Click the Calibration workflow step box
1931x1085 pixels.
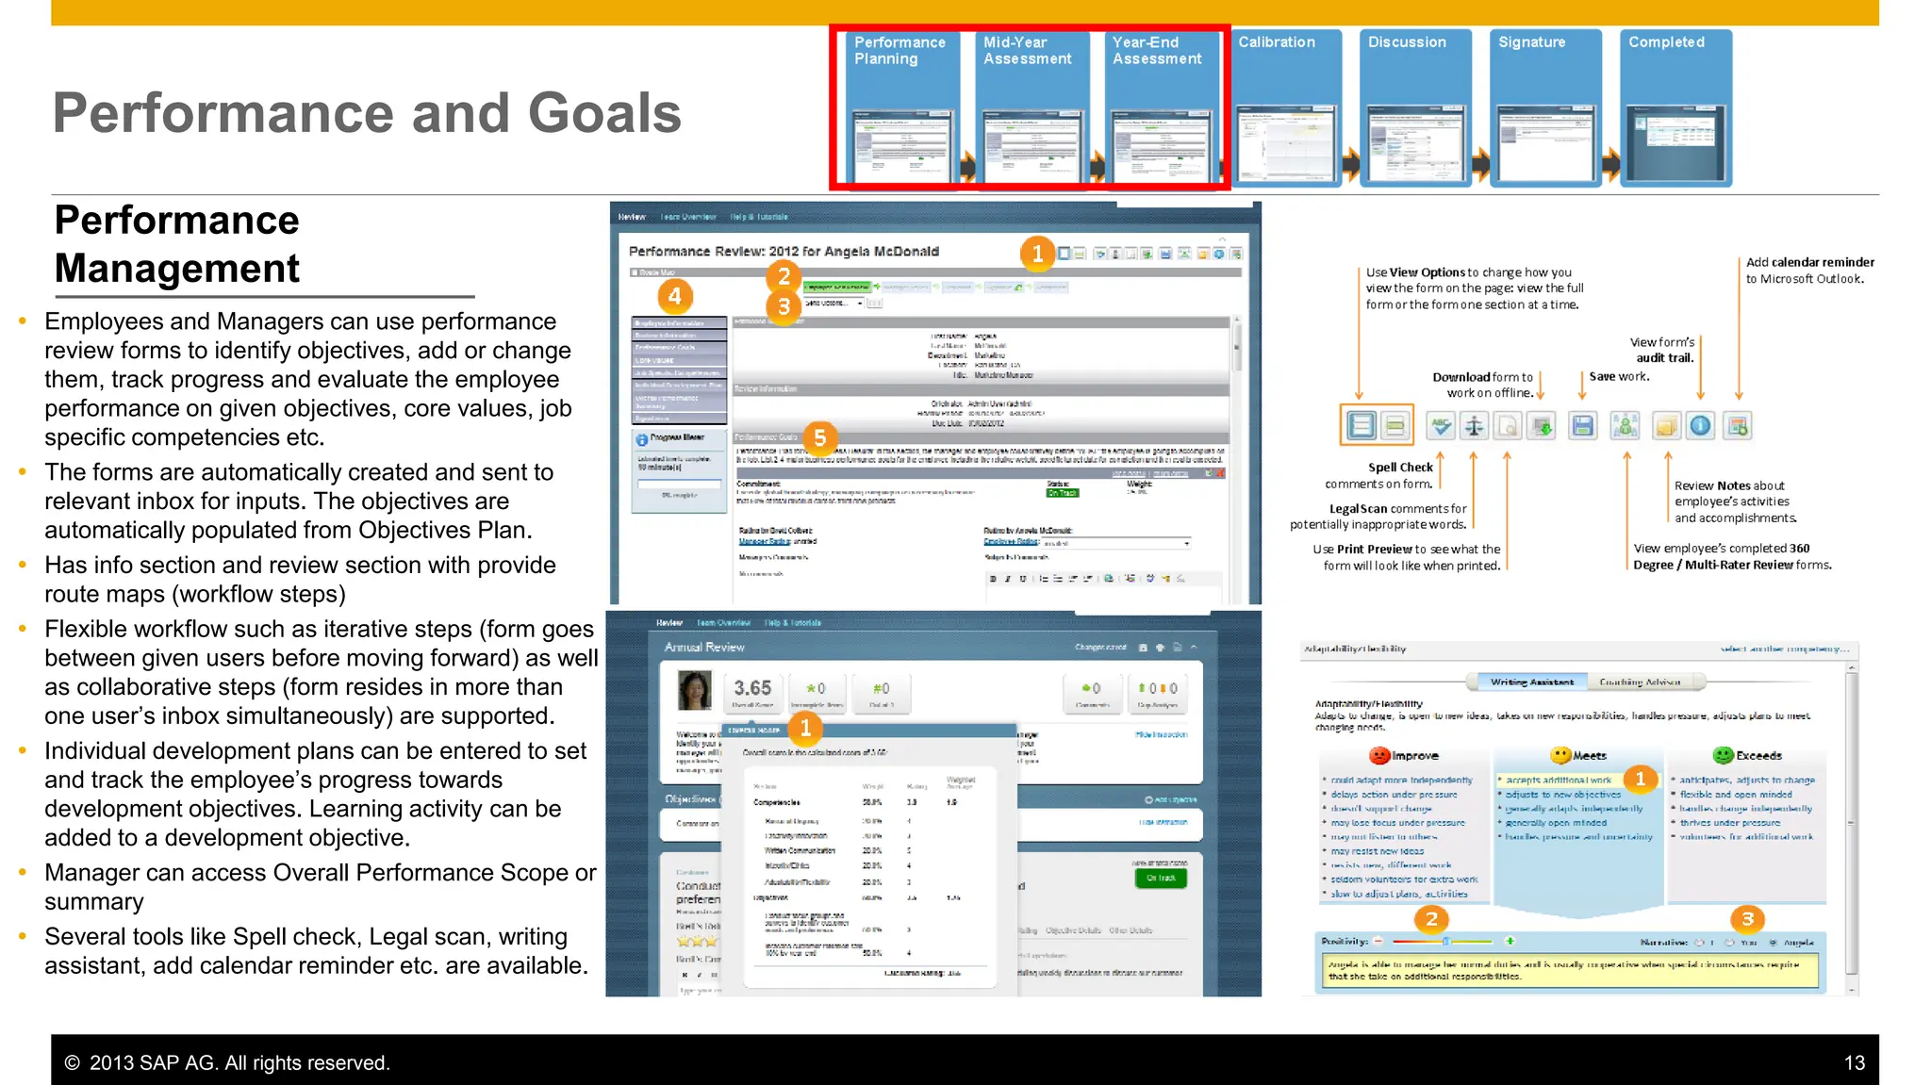1286,107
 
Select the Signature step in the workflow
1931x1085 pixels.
1546,107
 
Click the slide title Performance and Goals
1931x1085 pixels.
367,113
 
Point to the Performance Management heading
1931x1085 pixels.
177,244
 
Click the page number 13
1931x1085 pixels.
1854,1062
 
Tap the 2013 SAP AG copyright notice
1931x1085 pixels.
227,1062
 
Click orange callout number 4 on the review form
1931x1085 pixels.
674,297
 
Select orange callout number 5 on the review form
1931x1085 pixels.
819,437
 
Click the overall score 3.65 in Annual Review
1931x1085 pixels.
752,688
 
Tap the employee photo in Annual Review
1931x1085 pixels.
695,691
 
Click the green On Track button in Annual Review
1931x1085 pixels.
1161,878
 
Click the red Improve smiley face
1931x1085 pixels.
1379,755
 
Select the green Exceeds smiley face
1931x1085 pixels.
1724,755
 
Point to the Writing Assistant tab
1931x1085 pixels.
1531,682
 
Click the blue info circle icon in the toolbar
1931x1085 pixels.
1700,426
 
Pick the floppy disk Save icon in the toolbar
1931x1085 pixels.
1583,426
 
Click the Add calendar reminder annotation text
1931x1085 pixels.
1809,270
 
